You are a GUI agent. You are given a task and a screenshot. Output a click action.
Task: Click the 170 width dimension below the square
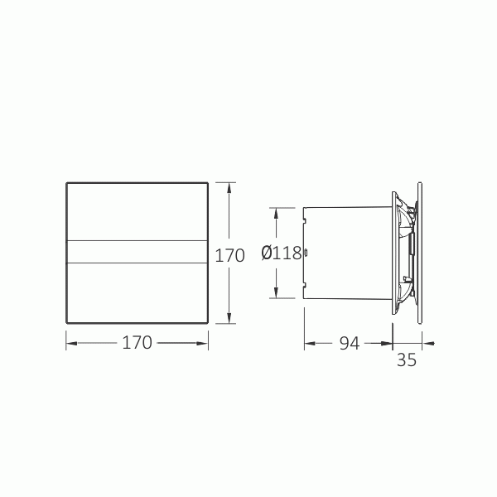pos(137,342)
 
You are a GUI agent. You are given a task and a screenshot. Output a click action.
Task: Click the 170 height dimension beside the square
pos(229,255)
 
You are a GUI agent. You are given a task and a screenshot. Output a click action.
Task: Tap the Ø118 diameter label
pos(281,253)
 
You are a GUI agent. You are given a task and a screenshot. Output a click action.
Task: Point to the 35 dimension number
pos(406,359)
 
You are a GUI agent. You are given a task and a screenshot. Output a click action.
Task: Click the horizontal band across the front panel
pos(137,252)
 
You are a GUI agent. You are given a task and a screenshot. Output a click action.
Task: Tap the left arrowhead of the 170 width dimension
pos(70,341)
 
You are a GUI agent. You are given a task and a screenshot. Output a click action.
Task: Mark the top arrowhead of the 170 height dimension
pos(230,185)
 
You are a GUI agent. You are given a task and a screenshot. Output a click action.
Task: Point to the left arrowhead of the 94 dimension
pos(307,341)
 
